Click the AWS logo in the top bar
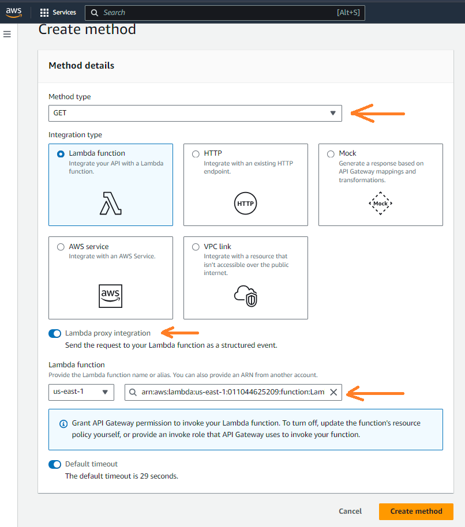coord(14,12)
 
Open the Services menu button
coord(58,12)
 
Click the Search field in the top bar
coord(225,12)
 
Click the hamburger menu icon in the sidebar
coord(7,35)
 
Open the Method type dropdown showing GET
coord(195,113)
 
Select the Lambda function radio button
coord(61,154)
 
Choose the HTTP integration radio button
coord(196,154)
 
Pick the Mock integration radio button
coord(331,154)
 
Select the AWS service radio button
coord(61,247)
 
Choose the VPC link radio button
coord(196,247)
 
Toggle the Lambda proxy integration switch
coord(55,333)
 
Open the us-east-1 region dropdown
coord(81,392)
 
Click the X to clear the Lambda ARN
coord(333,392)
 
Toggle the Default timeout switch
coord(55,464)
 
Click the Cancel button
coord(350,511)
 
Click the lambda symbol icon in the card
coord(111,203)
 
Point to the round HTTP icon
coord(245,204)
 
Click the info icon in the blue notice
coord(63,424)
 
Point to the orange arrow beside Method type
coord(377,113)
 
